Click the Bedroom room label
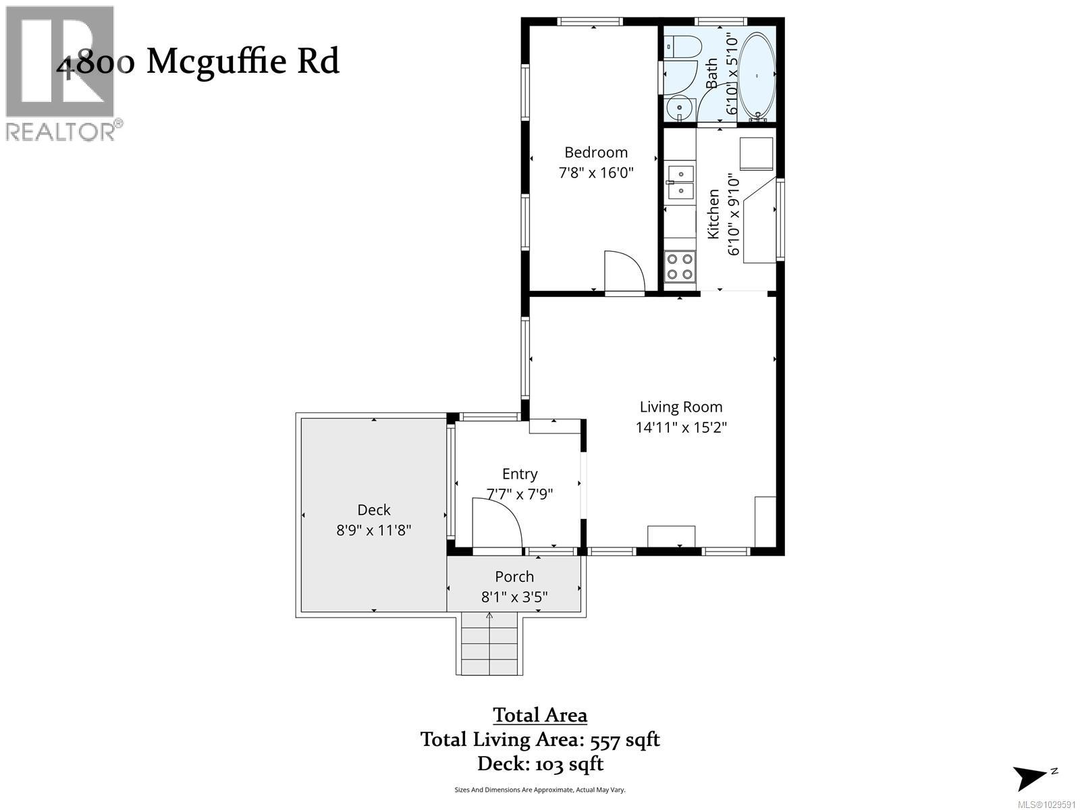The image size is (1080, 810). point(596,153)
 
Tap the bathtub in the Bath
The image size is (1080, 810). point(757,76)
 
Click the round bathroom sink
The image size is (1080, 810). point(679,107)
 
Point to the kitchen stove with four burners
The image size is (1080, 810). point(680,265)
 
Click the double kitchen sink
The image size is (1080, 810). point(680,182)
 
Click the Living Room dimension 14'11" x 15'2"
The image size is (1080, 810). point(681,427)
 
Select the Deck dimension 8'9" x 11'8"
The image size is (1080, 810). point(374,531)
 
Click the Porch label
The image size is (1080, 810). point(514,576)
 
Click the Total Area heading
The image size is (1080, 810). point(540,715)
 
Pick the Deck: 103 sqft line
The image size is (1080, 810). point(540,764)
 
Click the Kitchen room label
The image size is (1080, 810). point(713,214)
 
